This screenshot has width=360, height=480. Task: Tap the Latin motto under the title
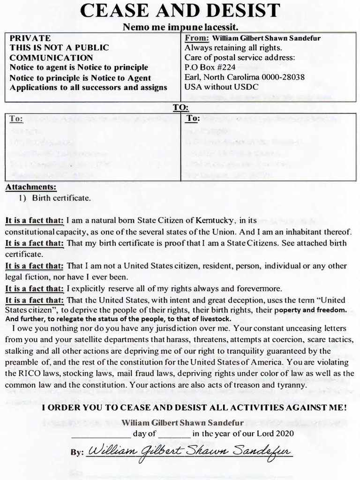tap(180, 27)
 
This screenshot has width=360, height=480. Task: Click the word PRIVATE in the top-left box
tap(30, 38)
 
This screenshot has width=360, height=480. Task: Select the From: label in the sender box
tap(196, 38)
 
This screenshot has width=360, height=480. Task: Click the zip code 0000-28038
tap(278, 77)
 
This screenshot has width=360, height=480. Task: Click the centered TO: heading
tap(180, 107)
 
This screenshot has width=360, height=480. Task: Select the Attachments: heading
tap(30, 187)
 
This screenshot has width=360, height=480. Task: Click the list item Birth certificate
tap(61, 198)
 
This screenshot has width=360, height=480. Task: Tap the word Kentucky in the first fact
tap(214, 220)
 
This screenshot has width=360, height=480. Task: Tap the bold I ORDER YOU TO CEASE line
tap(194, 408)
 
